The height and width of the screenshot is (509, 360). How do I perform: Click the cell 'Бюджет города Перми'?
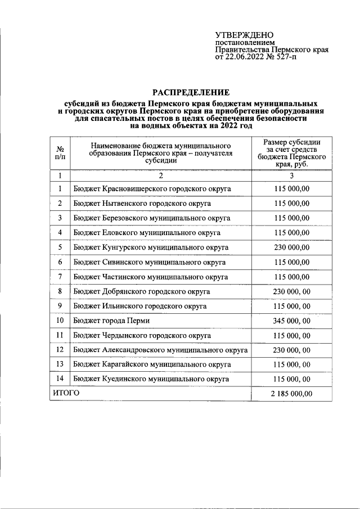111,321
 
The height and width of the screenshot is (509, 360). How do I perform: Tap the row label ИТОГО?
66,393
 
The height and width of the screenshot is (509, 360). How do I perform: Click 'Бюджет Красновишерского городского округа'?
152,189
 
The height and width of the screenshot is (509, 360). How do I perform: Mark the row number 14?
60,379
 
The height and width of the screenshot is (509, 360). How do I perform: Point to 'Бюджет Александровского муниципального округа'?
160,350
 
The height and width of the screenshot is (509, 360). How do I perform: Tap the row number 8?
60,291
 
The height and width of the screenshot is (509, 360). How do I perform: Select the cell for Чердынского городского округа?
142,335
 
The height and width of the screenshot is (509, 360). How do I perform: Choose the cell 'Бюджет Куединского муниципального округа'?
150,379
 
